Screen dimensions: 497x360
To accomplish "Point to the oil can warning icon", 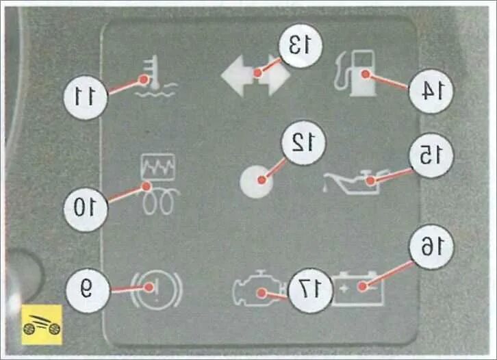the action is [351, 181].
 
